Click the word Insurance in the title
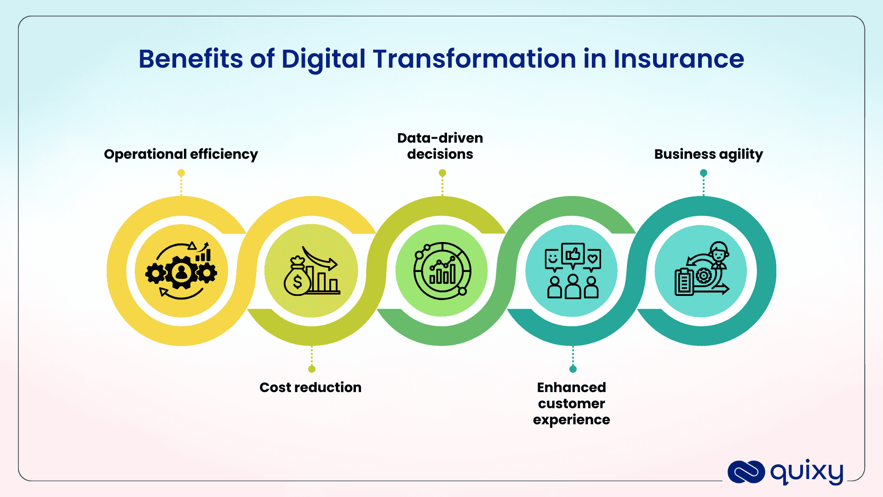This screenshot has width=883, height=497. click(x=678, y=59)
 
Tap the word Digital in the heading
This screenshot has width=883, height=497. click(x=323, y=59)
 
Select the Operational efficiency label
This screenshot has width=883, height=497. click(x=181, y=154)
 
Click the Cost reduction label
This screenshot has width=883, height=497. click(x=310, y=387)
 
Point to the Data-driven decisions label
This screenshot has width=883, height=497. click(x=440, y=146)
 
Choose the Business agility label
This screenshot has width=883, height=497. click(x=708, y=154)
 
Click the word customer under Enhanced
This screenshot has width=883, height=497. click(x=572, y=404)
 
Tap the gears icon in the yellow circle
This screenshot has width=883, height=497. click(x=181, y=272)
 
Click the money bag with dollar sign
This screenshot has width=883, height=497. click(x=297, y=278)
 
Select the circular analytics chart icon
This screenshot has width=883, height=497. click(x=442, y=271)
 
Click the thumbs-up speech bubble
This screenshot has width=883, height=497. click(x=573, y=254)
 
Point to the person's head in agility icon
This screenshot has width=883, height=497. click(x=718, y=251)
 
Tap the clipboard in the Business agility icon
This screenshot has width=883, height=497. click(x=684, y=282)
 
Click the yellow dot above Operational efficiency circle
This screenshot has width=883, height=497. click(x=181, y=173)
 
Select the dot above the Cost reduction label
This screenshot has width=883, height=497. click(x=312, y=369)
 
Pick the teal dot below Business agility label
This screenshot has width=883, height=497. click(x=703, y=173)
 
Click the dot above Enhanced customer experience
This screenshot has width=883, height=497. click(x=573, y=369)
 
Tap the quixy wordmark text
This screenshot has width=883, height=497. click(x=807, y=471)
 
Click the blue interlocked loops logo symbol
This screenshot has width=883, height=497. click(x=746, y=472)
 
